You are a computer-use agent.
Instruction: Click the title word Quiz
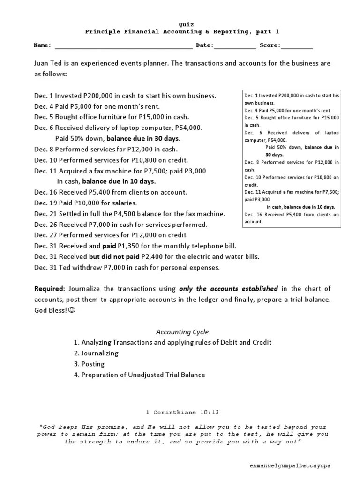[186, 24]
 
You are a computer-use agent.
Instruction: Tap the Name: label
[42, 45]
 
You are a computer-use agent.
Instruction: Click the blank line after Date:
[235, 46]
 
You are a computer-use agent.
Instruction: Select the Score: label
[269, 45]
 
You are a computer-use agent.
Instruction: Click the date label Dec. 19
[45, 203]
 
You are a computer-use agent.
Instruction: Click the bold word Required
[50, 289]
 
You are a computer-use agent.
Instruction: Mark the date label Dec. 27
[45, 235]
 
